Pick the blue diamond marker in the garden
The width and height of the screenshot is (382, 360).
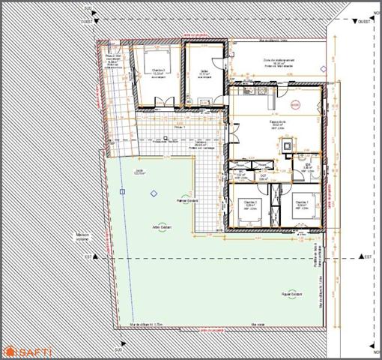click(x=154, y=193)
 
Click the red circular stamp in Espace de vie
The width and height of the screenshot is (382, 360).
click(x=295, y=104)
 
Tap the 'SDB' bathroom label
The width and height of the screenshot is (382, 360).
click(x=306, y=166)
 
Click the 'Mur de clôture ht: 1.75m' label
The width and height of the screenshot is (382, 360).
click(x=146, y=324)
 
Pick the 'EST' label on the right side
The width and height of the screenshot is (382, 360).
click(x=366, y=256)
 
